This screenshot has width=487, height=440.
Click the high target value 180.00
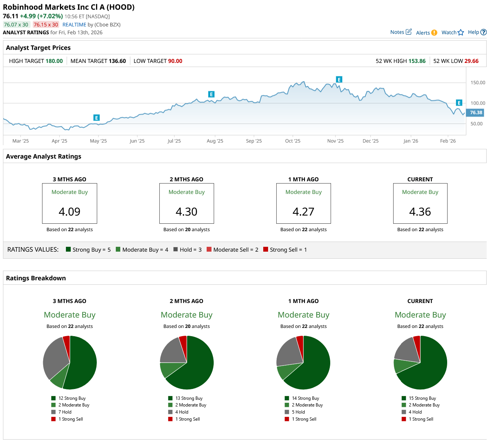pyautogui.click(x=54, y=61)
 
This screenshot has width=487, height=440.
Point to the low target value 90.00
pyautogui.click(x=175, y=61)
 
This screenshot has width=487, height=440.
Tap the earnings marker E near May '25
pyautogui.click(x=96, y=118)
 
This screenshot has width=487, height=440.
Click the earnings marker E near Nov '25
pyautogui.click(x=339, y=79)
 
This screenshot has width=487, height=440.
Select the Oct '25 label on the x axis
pyautogui.click(x=293, y=141)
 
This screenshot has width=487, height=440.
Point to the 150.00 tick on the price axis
pyautogui.click(x=478, y=83)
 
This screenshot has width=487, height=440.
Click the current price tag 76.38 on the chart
pyautogui.click(x=476, y=112)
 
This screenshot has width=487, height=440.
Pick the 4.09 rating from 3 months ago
pyautogui.click(x=70, y=211)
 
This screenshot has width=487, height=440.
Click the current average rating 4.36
pyautogui.click(x=420, y=211)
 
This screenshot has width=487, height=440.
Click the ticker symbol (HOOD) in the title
pyautogui.click(x=121, y=7)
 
